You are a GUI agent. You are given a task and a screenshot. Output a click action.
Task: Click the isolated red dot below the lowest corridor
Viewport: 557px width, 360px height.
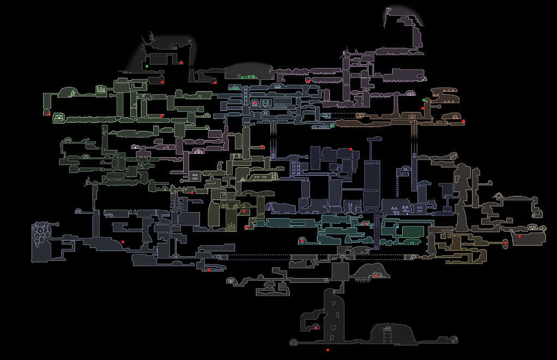328,350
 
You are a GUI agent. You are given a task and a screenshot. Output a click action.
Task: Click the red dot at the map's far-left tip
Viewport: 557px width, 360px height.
49,114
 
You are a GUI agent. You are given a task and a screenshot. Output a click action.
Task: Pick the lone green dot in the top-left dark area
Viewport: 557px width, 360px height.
147,66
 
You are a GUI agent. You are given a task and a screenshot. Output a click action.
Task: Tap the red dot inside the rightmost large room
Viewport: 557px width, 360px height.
519,236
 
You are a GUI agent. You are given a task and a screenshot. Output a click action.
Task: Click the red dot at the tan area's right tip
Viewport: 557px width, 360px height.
463,121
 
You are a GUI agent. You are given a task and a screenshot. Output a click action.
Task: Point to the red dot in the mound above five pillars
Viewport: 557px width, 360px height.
376,275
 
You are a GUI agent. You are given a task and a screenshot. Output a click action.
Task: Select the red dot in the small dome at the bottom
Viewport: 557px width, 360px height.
316,327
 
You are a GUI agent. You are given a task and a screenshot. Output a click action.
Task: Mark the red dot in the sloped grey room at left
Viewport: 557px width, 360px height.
123,242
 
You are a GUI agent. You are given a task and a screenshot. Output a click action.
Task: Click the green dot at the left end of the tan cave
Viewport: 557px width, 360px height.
425,100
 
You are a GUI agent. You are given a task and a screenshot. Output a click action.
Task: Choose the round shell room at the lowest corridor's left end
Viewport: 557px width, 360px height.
295,343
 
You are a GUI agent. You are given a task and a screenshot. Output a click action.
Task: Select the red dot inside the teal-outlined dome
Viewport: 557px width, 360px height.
301,241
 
